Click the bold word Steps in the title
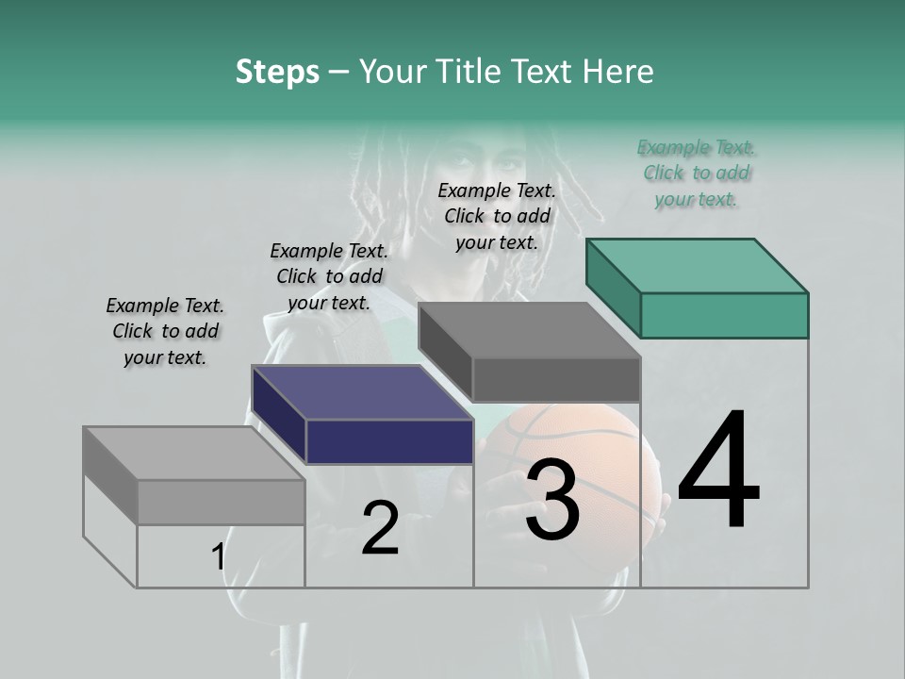click(x=277, y=72)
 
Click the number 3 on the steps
click(x=551, y=501)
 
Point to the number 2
click(x=380, y=528)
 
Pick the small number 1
click(x=219, y=556)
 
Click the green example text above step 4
click(x=697, y=173)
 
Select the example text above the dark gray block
click(x=497, y=216)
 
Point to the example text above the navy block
click(x=329, y=276)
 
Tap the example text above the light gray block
click(x=165, y=331)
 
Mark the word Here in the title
click(x=618, y=72)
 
